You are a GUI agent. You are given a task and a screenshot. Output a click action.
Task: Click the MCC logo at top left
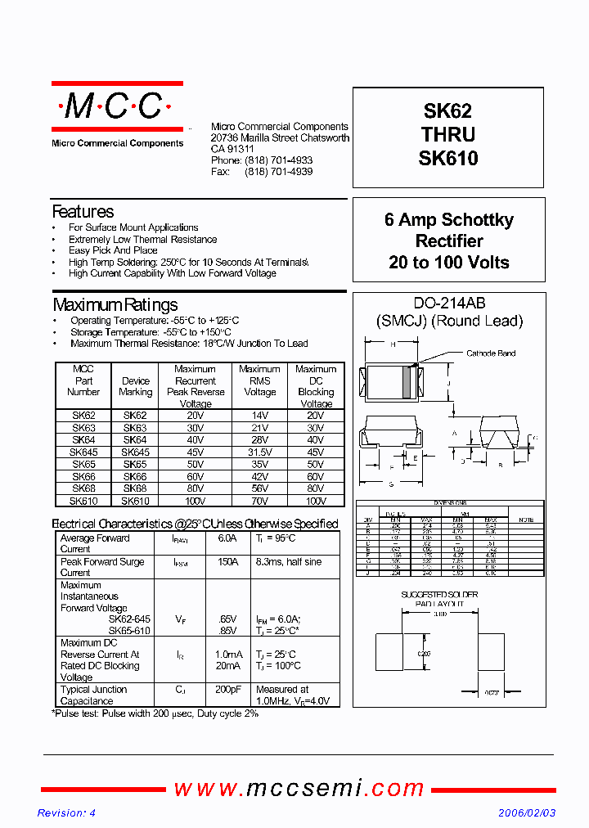116,106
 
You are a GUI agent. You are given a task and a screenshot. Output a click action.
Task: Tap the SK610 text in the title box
447,158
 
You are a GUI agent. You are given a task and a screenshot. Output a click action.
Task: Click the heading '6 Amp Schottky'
448,220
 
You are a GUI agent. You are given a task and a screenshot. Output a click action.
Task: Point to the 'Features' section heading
83,212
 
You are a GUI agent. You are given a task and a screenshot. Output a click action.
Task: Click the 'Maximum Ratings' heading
115,305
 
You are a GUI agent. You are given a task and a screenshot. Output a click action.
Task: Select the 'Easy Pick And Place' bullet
113,250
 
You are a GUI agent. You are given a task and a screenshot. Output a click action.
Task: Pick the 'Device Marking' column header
136,386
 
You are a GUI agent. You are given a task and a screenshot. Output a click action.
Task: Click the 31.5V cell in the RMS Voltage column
259,452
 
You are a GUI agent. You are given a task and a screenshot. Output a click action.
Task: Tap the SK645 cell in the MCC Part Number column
83,452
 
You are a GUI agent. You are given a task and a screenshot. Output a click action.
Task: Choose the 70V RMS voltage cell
259,501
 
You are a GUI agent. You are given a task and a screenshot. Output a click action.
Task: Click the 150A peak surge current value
228,562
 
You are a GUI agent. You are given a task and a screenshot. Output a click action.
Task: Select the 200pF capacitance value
228,690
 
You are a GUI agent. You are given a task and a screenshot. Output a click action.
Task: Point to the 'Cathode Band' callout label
491,353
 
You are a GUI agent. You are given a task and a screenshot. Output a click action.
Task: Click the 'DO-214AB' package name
448,302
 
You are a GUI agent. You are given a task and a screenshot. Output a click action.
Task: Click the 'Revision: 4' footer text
67,812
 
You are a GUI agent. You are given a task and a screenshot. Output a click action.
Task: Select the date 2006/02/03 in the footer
527,812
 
